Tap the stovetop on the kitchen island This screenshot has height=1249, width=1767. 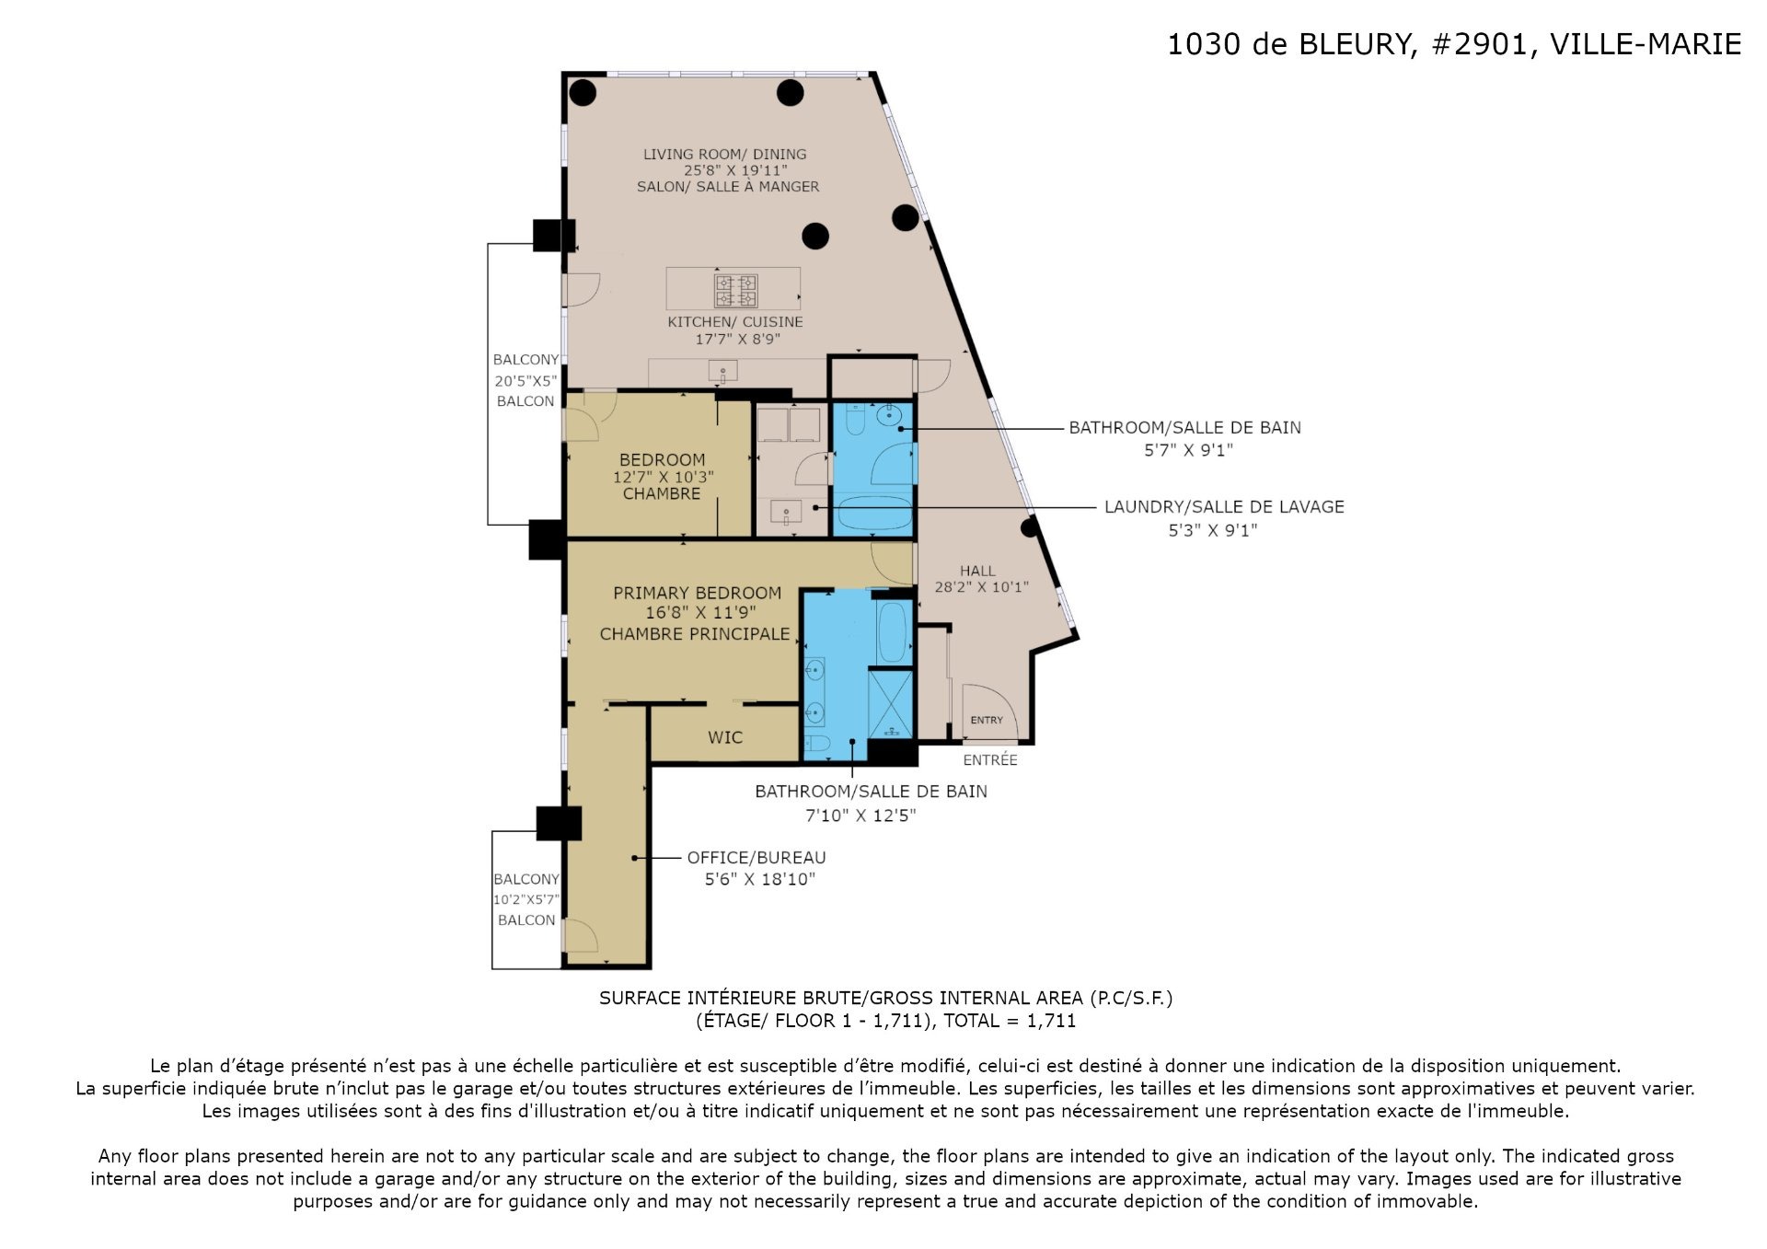(x=736, y=291)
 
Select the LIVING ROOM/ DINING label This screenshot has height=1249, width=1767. (x=724, y=154)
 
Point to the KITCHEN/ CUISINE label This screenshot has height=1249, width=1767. (x=735, y=321)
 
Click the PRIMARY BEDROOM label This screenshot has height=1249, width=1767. (x=697, y=593)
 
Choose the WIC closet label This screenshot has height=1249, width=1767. (x=725, y=737)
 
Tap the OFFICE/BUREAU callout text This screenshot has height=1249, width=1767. (x=756, y=857)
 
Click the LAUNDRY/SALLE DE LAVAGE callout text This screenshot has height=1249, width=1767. (x=1224, y=506)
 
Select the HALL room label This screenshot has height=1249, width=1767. (x=977, y=571)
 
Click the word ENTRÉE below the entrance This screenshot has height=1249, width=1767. (x=990, y=759)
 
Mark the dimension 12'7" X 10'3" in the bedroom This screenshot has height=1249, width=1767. (x=664, y=477)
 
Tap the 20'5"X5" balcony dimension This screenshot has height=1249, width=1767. (x=525, y=380)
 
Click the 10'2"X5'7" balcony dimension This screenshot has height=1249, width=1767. (x=526, y=899)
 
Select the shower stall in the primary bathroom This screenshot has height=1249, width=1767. (x=890, y=704)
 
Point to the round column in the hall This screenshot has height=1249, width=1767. (x=1029, y=527)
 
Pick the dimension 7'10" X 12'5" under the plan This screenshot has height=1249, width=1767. (x=860, y=815)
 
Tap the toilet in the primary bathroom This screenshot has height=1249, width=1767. (x=817, y=744)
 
